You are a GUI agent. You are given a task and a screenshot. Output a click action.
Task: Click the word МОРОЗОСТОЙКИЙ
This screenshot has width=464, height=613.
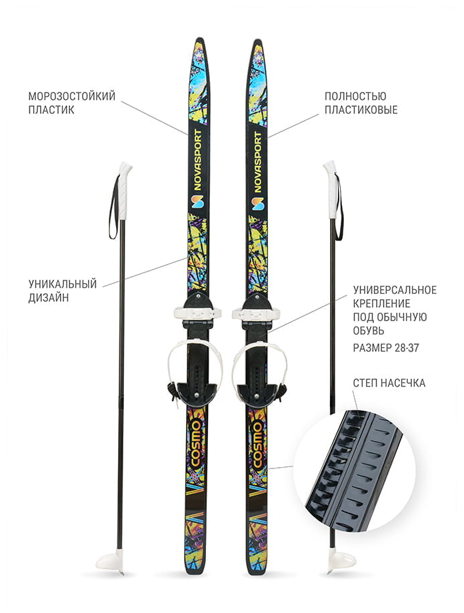click(71, 96)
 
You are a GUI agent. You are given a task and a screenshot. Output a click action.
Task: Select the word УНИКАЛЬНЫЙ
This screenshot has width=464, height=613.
click(62, 284)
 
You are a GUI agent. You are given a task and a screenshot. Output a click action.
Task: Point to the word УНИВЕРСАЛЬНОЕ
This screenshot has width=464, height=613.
click(395, 290)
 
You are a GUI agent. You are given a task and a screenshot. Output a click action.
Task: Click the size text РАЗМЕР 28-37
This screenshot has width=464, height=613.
click(386, 348)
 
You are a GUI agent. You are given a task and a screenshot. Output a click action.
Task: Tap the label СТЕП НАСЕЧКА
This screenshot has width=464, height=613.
click(389, 383)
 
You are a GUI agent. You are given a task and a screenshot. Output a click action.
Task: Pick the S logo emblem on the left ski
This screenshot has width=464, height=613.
click(197, 201)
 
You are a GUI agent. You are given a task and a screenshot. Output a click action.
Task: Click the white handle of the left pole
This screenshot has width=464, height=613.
click(124, 191)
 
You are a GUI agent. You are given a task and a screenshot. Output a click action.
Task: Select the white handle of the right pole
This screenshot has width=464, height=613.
click(331, 191)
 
